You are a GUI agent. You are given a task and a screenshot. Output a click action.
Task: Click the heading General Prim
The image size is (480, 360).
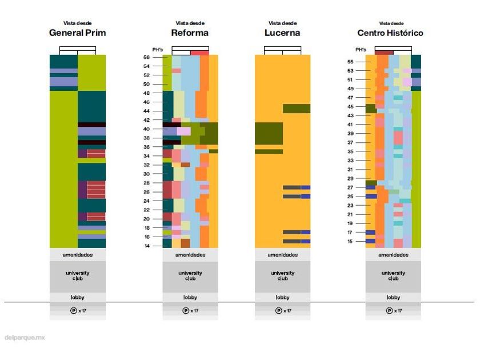[77, 33]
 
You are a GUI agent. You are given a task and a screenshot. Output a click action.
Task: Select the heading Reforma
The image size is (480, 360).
[190, 33]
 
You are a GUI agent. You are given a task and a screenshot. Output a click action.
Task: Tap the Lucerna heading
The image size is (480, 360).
[282, 33]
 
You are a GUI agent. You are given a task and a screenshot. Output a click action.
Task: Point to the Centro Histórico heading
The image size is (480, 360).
[390, 33]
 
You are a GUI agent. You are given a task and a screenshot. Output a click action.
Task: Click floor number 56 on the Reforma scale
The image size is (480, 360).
[146, 57]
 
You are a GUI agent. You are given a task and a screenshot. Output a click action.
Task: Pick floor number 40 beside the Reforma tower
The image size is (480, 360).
[146, 129]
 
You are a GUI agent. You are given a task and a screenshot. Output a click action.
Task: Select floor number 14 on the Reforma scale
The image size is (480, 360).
[146, 246]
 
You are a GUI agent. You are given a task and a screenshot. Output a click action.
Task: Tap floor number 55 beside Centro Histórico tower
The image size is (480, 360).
[350, 62]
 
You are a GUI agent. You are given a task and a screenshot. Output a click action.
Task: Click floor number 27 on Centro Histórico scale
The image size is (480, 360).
[350, 187]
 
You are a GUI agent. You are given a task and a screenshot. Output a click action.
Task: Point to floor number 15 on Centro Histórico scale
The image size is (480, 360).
[350, 241]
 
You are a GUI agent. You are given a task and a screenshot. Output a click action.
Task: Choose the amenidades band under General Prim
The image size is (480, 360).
[78, 255]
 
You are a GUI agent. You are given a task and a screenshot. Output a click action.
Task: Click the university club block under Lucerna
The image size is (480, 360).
[282, 276]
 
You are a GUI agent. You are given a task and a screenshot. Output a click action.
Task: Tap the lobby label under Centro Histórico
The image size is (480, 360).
[393, 297]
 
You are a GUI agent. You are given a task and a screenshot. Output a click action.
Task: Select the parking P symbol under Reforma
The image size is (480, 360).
[186, 311]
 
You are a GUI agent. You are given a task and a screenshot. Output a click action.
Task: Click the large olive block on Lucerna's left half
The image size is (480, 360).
[268, 133]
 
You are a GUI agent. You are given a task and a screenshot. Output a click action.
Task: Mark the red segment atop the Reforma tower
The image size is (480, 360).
[199, 53]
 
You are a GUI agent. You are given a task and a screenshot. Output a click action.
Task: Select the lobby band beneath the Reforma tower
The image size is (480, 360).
[190, 297]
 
